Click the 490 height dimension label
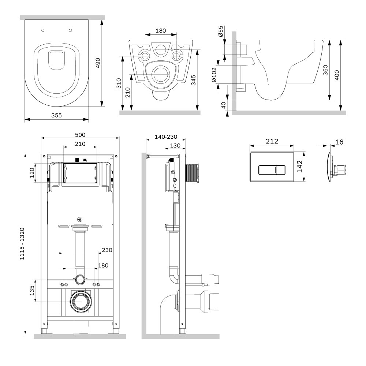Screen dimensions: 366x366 click(x=98, y=63)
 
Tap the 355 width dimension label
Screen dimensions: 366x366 click(x=56, y=115)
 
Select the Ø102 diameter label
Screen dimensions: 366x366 click(x=214, y=75)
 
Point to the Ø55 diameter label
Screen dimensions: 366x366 click(x=221, y=31)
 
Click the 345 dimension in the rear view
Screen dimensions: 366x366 click(x=193, y=80)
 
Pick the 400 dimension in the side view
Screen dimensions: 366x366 click(x=337, y=75)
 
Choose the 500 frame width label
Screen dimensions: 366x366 click(x=80, y=135)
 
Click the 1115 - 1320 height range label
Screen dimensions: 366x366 click(x=22, y=244)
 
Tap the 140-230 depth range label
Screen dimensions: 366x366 click(x=166, y=137)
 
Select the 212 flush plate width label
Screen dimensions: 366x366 click(x=272, y=141)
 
